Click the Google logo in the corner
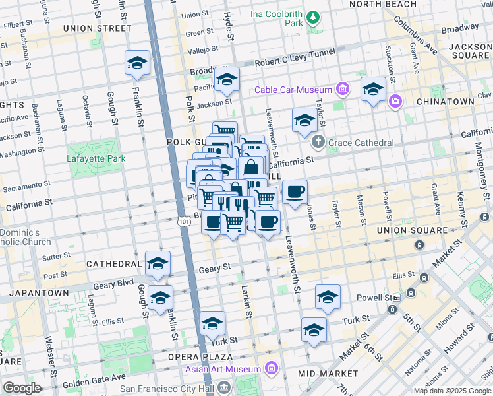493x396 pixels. pyautogui.click(x=22, y=388)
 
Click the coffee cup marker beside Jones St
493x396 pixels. pyautogui.click(x=295, y=191)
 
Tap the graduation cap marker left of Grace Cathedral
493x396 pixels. pyautogui.click(x=304, y=120)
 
